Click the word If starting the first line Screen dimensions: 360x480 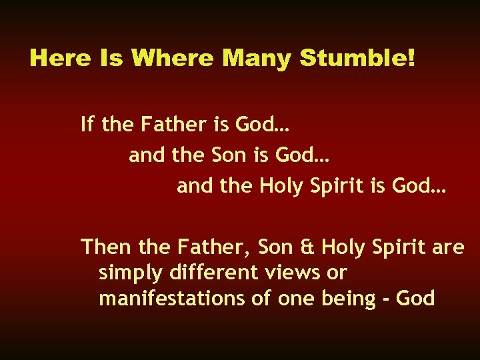coord(87,124)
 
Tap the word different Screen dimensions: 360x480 coord(208,273)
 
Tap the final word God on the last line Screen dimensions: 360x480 coord(417,299)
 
